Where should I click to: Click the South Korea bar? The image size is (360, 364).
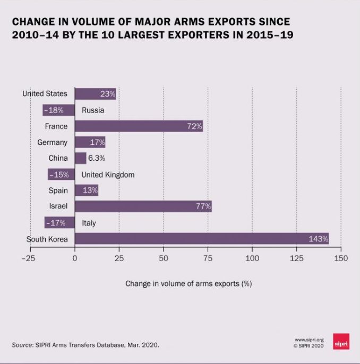[202, 239]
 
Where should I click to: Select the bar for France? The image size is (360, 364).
[138, 126]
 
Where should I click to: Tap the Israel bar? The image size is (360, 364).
[143, 206]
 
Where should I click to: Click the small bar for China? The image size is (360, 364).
[80, 158]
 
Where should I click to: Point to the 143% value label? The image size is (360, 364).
[319, 239]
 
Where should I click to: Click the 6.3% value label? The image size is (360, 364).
[97, 158]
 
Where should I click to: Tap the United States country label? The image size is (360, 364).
[45, 93]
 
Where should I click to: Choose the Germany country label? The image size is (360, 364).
[52, 142]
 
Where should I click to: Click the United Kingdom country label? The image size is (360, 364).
[108, 175]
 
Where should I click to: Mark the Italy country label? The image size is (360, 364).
[89, 223]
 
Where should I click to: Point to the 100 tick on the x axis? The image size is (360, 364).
[252, 258]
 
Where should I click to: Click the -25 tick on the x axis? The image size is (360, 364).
[28, 258]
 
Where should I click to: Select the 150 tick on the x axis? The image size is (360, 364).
[341, 258]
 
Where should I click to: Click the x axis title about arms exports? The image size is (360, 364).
[188, 283]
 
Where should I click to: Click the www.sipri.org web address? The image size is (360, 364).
[308, 340]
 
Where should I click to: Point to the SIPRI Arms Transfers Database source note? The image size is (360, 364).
[85, 345]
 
